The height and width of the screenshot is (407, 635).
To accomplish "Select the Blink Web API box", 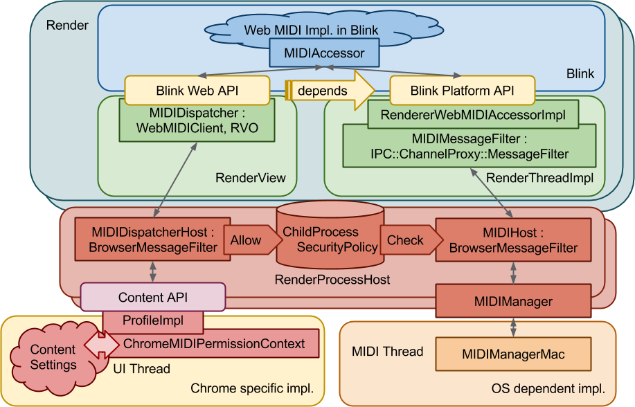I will coord(197,91).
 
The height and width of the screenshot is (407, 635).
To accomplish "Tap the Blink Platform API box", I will coord(462,91).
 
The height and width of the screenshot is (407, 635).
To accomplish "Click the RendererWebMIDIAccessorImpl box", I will coord(473,115).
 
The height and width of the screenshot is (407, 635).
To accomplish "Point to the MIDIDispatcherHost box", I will coord(152,239).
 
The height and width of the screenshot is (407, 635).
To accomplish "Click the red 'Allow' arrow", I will coord(248,240).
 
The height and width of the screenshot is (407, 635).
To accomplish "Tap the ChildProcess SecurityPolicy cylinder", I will coord(328,239).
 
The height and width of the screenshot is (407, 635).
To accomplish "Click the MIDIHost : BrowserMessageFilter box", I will coord(513,239).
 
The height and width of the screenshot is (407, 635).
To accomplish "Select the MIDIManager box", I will coord(513,301).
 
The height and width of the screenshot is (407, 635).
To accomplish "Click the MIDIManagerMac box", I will coord(513,354).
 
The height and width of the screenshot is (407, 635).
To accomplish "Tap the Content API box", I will coord(153,298).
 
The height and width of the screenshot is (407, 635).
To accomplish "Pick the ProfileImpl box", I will coord(153,321).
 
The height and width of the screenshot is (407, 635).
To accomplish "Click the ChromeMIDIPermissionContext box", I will coord(215,343).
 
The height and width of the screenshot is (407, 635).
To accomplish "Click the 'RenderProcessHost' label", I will coord(332,280).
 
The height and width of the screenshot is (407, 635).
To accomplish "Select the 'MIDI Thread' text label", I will coord(387,352).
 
